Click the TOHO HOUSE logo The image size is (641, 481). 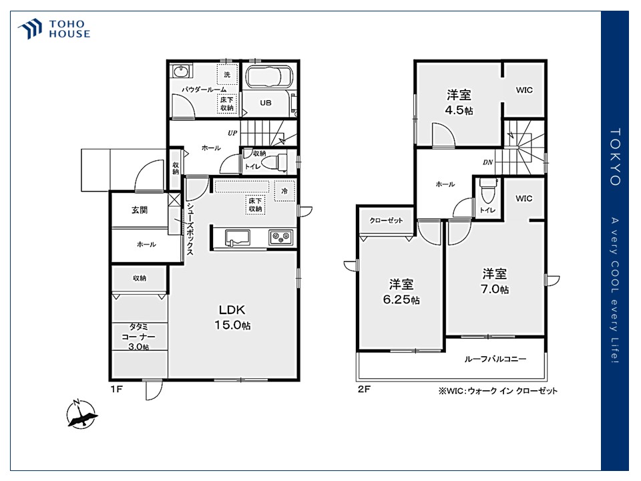pos(53,29)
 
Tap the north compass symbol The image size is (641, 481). pos(81,414)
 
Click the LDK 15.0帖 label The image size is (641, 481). pos(232,317)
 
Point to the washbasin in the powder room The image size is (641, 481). pos(180,72)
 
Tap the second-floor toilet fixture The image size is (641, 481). pos(487,192)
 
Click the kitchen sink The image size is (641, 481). pos(238,238)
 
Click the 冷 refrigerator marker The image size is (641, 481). pos(284,191)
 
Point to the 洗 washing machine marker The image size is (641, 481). pos(227,74)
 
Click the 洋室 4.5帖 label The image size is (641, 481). pos(459,103)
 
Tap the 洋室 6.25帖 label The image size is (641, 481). pos(401,292)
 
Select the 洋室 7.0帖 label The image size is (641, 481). pos(495,281)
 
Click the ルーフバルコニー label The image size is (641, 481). pos(495,359)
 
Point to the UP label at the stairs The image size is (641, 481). pos(232,133)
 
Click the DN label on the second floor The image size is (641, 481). pos(487,162)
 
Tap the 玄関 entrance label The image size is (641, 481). pos(140,210)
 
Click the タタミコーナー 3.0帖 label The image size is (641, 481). pos(139,337)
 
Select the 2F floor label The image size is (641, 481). pos(364,389)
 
